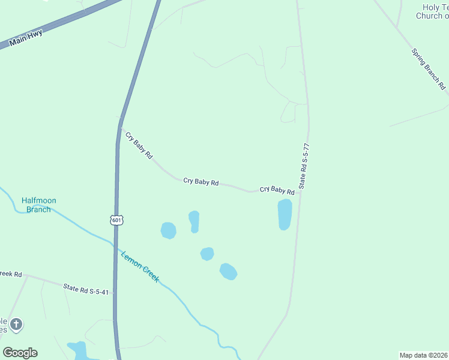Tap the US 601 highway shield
tap(116, 220)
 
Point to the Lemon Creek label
tap(140, 266)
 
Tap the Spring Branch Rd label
tap(429, 68)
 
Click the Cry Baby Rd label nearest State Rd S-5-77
tap(277, 190)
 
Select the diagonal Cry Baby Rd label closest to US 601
tap(139, 145)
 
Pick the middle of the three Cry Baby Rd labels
tap(200, 181)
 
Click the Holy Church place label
tap(432, 11)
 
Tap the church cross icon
tap(16, 325)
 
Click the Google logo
tap(20, 353)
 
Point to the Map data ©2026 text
tap(423, 355)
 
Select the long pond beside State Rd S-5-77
tap(285, 214)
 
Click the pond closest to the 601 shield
tap(169, 230)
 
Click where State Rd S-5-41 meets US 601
tap(115, 294)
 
